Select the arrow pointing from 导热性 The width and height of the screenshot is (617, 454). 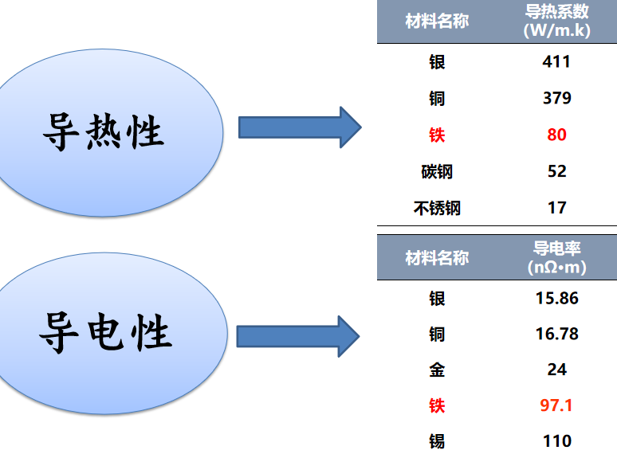coord(300,127)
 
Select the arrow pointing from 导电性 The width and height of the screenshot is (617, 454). coord(298,336)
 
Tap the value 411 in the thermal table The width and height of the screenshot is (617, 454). coord(556,61)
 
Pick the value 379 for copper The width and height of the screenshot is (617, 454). coord(556,98)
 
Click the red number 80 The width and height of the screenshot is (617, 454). coord(556,135)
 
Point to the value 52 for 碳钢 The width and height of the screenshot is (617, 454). coord(556,171)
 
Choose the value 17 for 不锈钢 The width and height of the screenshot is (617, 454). coord(556,208)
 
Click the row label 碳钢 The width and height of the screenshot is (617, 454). coord(437,172)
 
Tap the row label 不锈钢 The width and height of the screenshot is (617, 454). coord(437,209)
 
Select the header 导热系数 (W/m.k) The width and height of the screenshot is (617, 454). coord(556,21)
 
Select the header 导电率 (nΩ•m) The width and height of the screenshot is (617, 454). coord(556,258)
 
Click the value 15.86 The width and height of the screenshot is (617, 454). coord(556,299)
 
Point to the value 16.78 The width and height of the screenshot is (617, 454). coord(556,334)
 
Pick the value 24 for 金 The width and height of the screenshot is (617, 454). coord(556,370)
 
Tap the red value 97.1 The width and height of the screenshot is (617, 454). coord(556,405)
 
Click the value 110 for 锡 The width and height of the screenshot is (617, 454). coord(556,441)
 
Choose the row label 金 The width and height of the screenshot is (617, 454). coord(437,370)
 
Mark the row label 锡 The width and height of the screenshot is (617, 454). coord(437,442)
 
